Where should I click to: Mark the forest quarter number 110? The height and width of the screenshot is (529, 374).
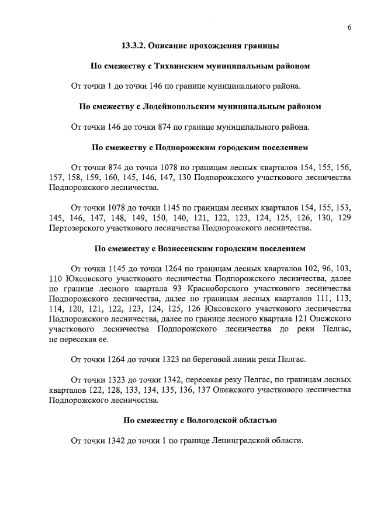click(x=56, y=278)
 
